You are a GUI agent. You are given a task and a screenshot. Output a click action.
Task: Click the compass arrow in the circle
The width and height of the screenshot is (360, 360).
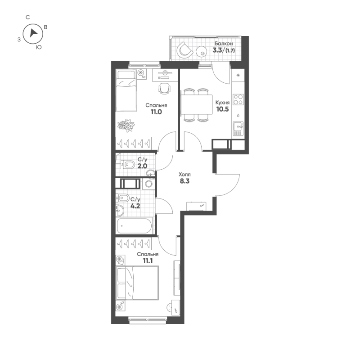[x=32, y=33]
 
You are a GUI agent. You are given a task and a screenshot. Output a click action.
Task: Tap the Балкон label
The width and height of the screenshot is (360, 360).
[x=224, y=43]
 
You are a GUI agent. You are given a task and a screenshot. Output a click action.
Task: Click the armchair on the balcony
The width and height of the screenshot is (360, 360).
[x=184, y=49]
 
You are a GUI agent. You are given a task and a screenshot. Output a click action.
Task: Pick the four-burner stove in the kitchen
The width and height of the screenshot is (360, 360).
[x=238, y=99]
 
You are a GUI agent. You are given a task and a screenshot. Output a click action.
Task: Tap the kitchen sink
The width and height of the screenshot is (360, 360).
[x=238, y=128]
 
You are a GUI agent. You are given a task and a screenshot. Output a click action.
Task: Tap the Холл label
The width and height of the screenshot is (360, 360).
[x=184, y=175]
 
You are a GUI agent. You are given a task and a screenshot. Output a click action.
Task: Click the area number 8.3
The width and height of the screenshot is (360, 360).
[x=184, y=183]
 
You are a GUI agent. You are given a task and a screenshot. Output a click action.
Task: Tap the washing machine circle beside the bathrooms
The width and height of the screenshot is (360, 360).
[x=149, y=184]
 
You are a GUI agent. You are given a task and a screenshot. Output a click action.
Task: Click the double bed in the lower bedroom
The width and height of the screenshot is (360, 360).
[x=138, y=283]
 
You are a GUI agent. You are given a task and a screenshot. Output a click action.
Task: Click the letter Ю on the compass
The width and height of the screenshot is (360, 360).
[x=39, y=47]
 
